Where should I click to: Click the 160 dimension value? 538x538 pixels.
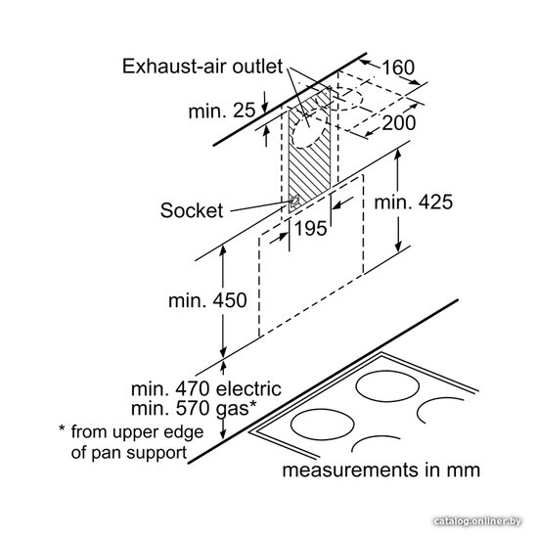[x=398, y=67]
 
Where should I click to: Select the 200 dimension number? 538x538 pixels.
[x=399, y=123]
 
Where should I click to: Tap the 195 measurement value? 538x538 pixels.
[x=311, y=228]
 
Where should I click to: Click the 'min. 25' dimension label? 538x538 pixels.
[x=222, y=111]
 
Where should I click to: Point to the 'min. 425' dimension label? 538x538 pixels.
[x=414, y=202]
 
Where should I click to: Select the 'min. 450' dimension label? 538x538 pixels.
[x=207, y=300]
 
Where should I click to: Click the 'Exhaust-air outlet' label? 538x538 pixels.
[x=202, y=67]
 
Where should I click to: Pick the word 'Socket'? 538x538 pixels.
[x=192, y=210]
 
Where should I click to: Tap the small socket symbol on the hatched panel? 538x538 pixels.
[x=294, y=202]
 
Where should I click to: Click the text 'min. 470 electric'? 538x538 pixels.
[x=206, y=388]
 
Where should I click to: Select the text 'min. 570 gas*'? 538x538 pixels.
[x=194, y=408]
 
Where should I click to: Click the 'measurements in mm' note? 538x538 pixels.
[x=381, y=470]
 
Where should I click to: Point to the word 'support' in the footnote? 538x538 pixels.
[x=157, y=453]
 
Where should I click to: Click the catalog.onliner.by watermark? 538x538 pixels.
[x=477, y=522]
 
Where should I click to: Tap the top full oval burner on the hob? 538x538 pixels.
[x=387, y=386]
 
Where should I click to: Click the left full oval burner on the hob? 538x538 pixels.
[x=322, y=425]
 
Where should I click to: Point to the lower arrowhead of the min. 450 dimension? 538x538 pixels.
[x=223, y=352]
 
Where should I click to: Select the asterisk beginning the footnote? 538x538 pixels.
[x=62, y=428]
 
